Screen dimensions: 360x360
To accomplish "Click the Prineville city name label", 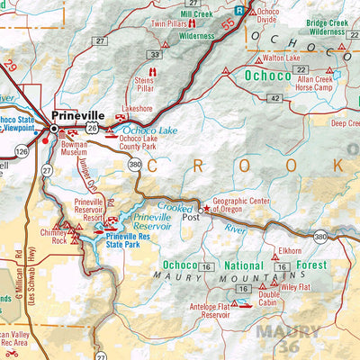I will click(x=79, y=115).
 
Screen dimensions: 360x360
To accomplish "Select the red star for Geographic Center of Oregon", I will click(x=205, y=209).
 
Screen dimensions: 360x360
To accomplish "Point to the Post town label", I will click(x=190, y=217).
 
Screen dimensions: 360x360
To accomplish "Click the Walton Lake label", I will click(x=281, y=58).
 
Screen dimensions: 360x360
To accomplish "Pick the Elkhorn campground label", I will click(x=290, y=251).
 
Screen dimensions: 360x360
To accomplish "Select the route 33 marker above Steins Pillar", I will click(x=155, y=55).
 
